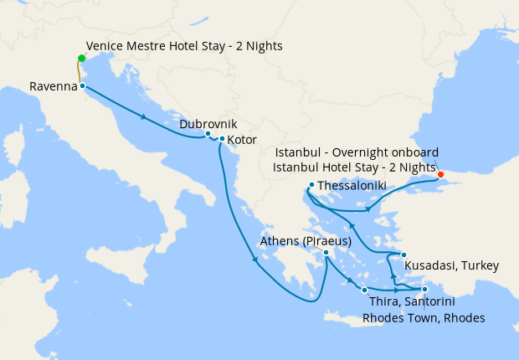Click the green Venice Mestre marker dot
pyautogui.click(x=81, y=58)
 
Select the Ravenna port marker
pyautogui.click(x=82, y=85)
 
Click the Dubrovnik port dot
pyautogui.click(x=208, y=134)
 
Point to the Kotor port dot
pyautogui.click(x=222, y=139)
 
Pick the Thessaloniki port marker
pyautogui.click(x=311, y=185)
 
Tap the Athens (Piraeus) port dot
pyautogui.click(x=326, y=253)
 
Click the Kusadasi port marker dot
pyautogui.click(x=403, y=255)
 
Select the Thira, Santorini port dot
pyautogui.click(x=364, y=290)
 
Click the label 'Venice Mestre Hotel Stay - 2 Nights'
pyautogui.click(x=184, y=46)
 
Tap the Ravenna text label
pyautogui.click(x=53, y=86)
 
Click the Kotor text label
pyautogui.click(x=242, y=140)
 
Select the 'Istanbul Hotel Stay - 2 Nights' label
pyautogui.click(x=355, y=167)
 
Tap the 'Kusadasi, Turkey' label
pyautogui.click(x=451, y=266)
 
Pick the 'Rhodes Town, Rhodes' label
pyautogui.click(x=424, y=318)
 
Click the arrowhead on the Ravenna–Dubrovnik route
pyautogui.click(x=146, y=117)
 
